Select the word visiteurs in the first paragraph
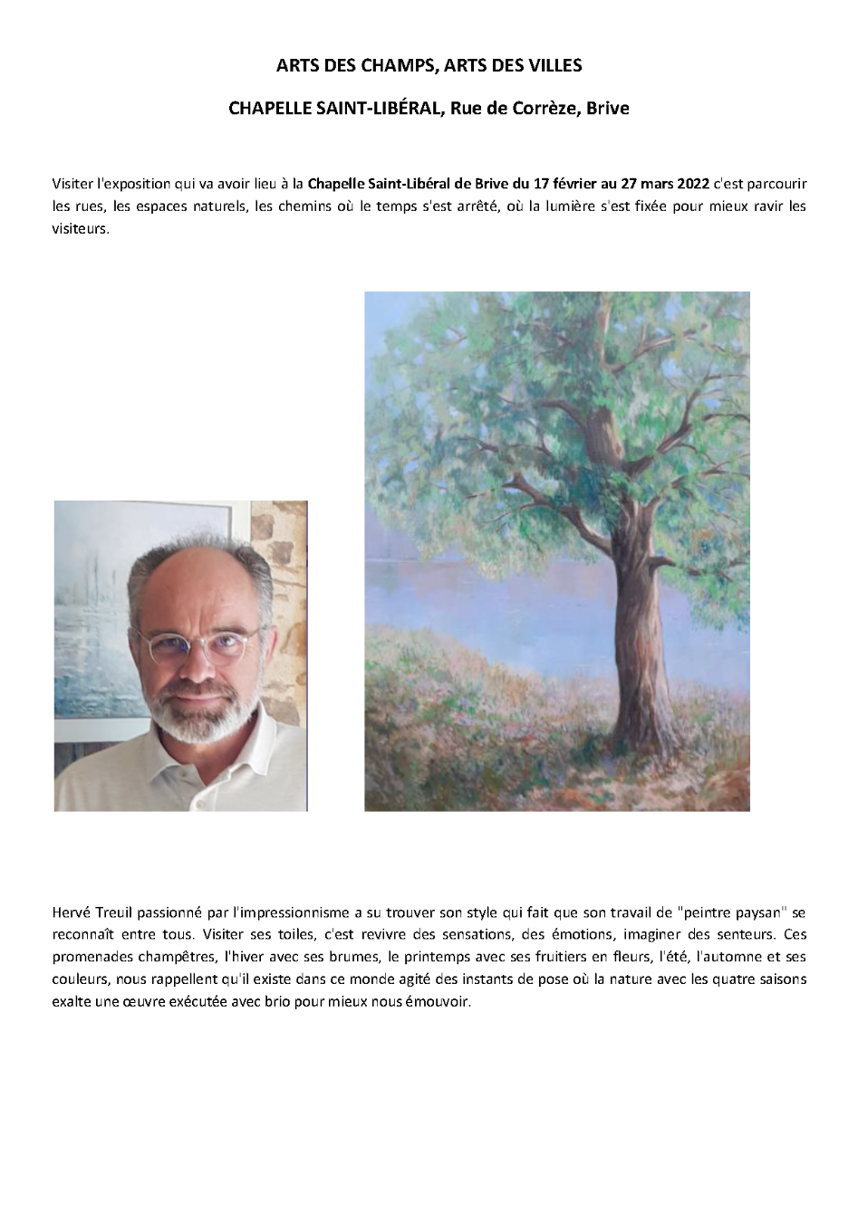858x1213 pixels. pyautogui.click(x=81, y=228)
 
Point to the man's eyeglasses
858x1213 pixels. pyautogui.click(x=199, y=645)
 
